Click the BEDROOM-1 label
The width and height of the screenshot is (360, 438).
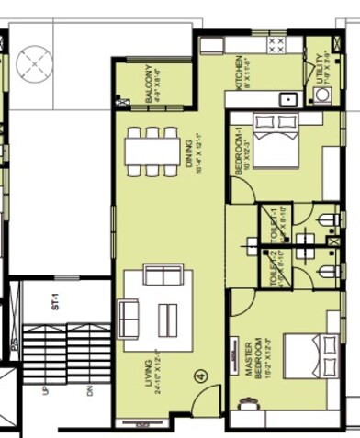pos(237,154)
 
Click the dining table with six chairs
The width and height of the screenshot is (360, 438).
pos(152,151)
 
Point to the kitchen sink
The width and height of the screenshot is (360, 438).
pos(287,99)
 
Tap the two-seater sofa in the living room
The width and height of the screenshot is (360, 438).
pos(163,274)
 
